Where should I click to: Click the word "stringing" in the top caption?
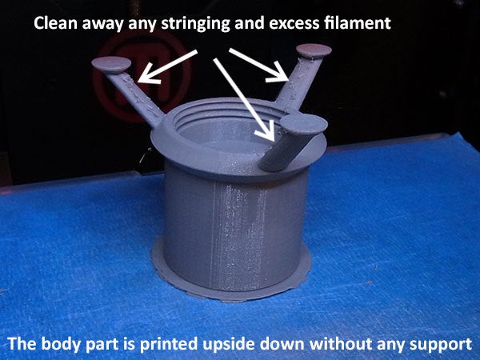195,23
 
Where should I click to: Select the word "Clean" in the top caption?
55,23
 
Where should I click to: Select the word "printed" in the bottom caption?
168,344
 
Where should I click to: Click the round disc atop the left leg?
111,64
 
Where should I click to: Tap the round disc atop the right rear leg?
314,51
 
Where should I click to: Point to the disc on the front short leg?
304,124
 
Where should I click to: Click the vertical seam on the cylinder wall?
214,236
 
